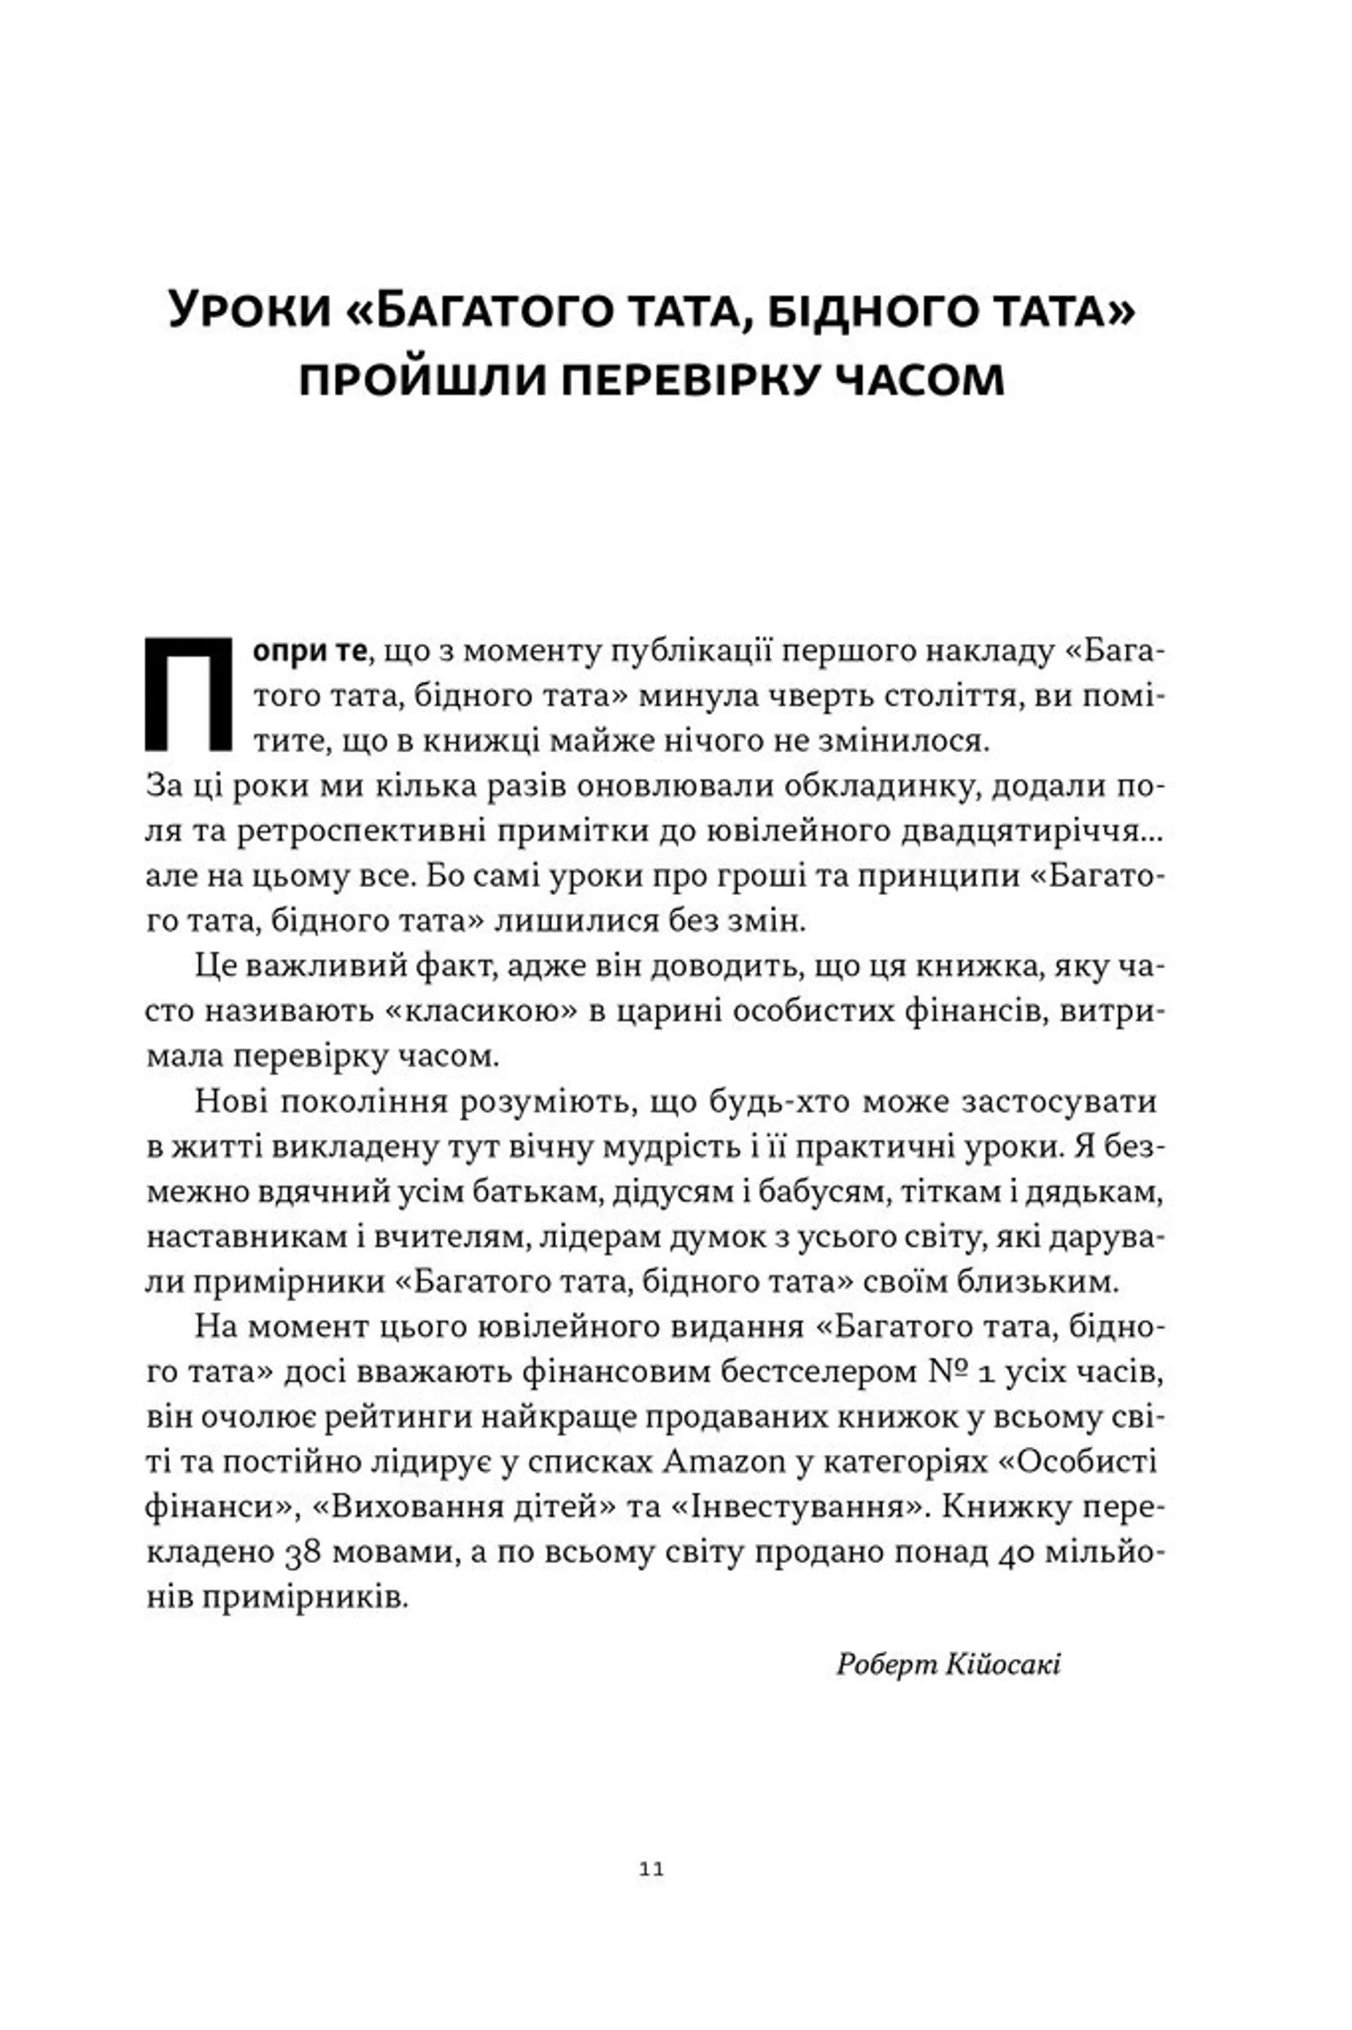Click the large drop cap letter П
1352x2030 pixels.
[188, 694]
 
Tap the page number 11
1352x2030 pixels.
[652, 1869]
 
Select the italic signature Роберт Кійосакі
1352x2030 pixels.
[949, 1664]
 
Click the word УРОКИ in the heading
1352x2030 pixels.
[250, 311]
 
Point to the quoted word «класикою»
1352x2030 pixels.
[481, 1011]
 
